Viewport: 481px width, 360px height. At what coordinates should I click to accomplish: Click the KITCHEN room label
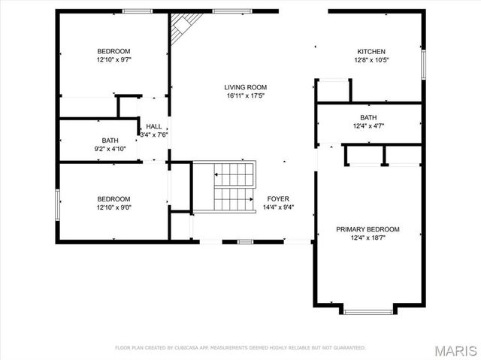coord(371,51)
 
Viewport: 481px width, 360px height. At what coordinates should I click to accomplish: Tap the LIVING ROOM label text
coord(245,87)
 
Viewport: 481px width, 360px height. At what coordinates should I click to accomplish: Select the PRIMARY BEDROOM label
coord(368,229)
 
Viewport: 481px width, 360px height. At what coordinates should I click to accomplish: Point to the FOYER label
coord(278,199)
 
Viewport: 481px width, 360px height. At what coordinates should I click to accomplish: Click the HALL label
coord(153,126)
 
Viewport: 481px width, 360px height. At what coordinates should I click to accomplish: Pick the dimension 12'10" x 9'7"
coord(113,59)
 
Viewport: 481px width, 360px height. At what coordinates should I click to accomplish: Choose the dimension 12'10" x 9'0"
coord(113,207)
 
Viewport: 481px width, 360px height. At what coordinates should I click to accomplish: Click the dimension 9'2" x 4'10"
coord(109,149)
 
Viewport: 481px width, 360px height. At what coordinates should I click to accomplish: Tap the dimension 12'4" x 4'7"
coord(368,126)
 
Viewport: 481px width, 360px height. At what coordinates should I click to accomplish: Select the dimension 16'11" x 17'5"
coord(245,96)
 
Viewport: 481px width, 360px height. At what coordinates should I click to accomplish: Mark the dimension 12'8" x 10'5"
coord(371,60)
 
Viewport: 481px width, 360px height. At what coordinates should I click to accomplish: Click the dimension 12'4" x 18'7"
coord(368,238)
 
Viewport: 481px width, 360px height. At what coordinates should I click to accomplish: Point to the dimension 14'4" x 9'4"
coord(278,207)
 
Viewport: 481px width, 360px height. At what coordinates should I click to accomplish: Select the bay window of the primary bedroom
coord(368,310)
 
